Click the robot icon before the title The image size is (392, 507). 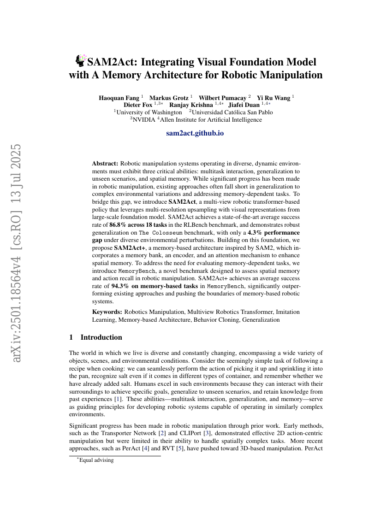click(81, 60)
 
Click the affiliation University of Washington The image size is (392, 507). click(149, 112)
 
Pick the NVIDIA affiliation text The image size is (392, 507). click(144, 120)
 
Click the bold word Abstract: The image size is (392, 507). click(105, 163)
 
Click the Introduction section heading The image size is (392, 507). click(101, 337)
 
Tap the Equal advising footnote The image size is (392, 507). click(96, 460)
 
